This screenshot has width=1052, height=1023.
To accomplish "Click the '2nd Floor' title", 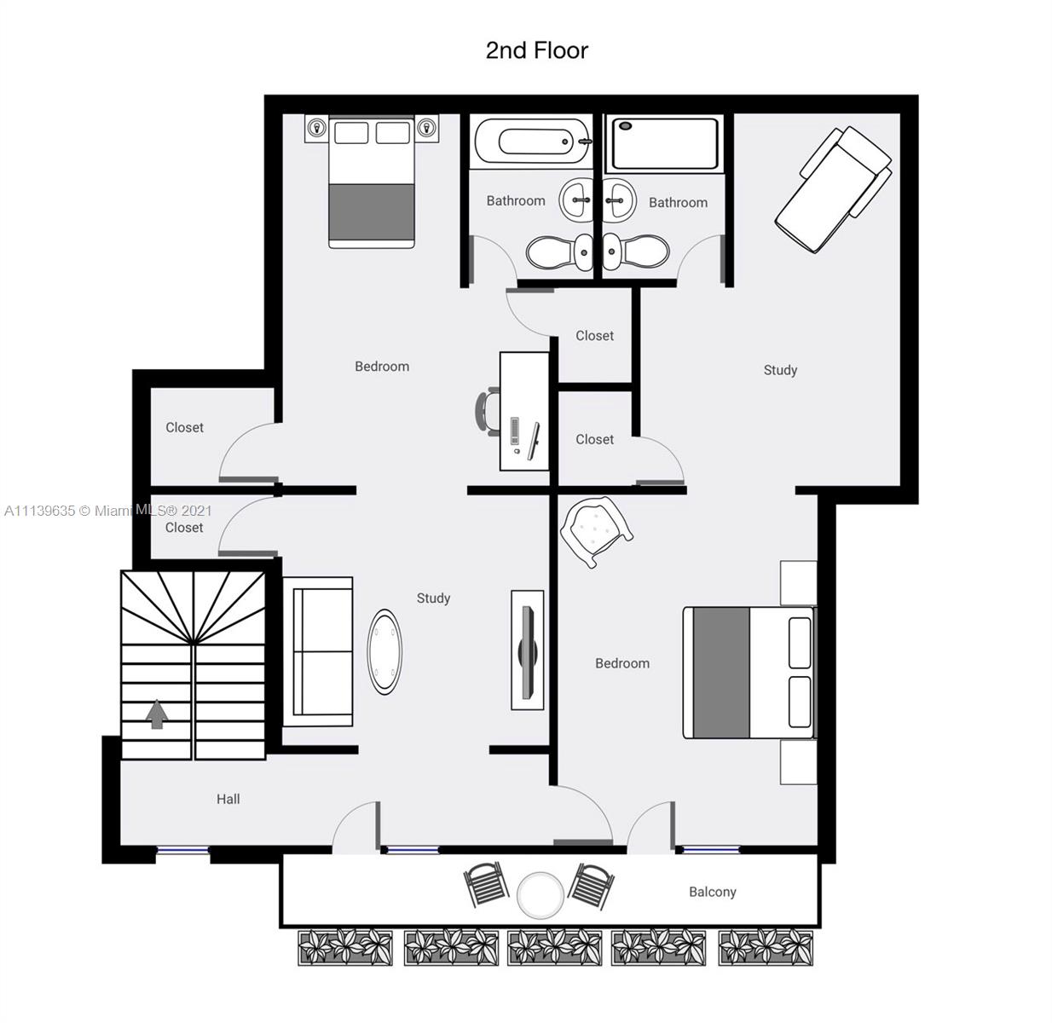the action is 536,50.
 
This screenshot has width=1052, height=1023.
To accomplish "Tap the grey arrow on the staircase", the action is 157,714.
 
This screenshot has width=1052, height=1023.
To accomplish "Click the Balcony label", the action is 712,892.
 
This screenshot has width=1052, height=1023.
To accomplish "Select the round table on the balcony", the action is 540,895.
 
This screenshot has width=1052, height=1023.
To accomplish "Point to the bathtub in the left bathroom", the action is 532,142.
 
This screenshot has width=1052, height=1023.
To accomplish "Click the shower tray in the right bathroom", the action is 664,144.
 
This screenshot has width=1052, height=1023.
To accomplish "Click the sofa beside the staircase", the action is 318,651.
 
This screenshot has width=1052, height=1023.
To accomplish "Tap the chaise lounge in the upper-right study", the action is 833,188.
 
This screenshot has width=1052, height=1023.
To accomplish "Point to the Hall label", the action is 228,799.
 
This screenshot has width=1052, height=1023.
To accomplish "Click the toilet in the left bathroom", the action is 559,252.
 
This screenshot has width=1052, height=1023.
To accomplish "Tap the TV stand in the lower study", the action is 527,650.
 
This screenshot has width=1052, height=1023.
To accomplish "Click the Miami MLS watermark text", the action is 108,511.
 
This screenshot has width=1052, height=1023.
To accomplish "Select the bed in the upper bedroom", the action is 372,181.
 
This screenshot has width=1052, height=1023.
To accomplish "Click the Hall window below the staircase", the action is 182,851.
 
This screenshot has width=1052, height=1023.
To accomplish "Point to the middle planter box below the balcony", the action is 554,947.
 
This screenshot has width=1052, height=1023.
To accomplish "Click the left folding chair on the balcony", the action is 487,885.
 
